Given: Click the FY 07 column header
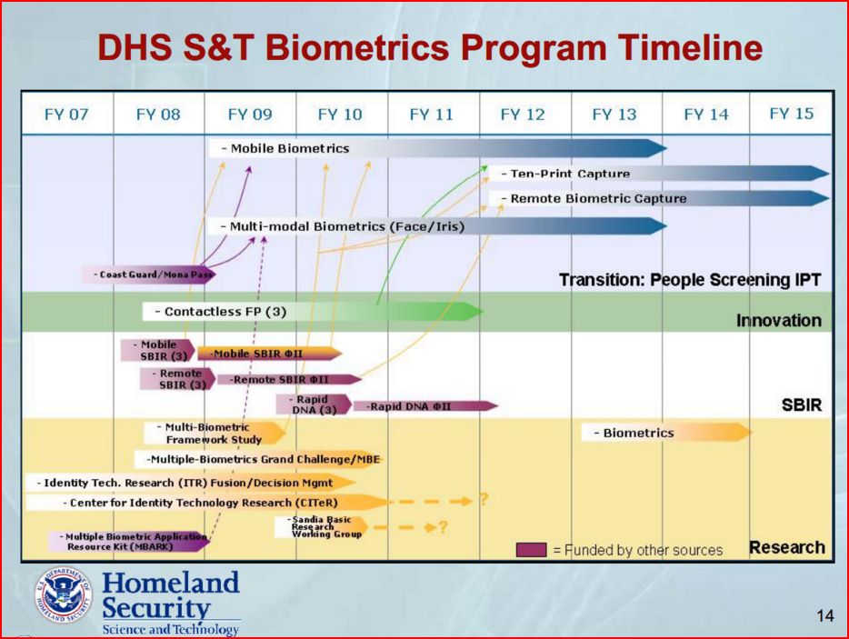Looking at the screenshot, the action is click(66, 115).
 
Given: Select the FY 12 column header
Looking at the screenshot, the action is click(523, 115).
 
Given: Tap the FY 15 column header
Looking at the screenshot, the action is click(791, 114).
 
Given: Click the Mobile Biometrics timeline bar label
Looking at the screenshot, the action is click(285, 148).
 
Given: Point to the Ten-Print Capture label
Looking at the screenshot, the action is click(565, 174).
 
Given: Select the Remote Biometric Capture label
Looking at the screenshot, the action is click(594, 199).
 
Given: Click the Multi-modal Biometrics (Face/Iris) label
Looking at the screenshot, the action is click(343, 226).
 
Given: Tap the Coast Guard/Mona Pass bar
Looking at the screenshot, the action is click(149, 275).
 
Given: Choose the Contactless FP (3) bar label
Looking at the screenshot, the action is click(220, 312).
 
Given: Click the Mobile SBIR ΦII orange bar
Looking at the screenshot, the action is click(270, 354).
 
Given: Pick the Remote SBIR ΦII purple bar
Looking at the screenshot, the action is click(289, 380).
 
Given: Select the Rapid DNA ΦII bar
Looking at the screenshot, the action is click(425, 406).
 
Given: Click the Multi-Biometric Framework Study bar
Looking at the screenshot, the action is click(214, 434).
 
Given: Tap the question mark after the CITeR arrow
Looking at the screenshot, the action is click(484, 499).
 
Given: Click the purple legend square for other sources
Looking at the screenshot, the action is click(531, 550).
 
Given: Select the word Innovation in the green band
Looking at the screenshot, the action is click(779, 321).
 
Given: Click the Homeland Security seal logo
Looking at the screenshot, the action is click(64, 594).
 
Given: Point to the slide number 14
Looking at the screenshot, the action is click(825, 615).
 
